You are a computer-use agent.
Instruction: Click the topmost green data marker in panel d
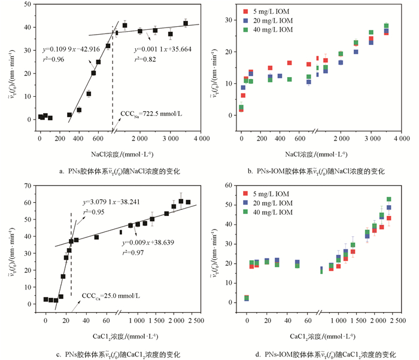(x=388, y=199)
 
